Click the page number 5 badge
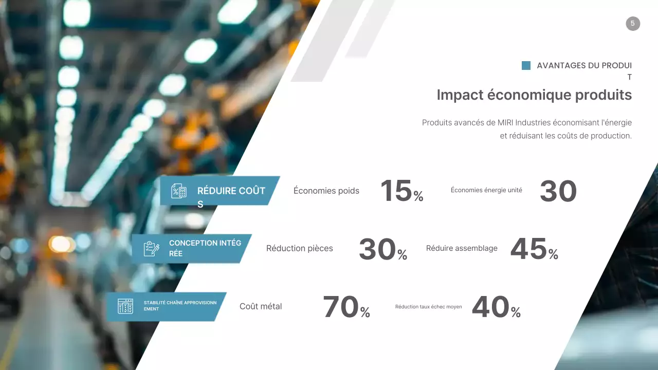pos(633,24)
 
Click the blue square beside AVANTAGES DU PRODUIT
pos(526,66)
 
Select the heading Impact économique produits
pos(534,95)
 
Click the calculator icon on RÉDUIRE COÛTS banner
pos(179,191)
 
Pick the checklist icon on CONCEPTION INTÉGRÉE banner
pos(151,249)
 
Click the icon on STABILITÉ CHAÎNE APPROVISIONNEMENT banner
pos(125,306)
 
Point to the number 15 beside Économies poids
pos(396,191)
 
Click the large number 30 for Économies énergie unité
pos(558,191)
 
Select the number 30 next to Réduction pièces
pos(377,249)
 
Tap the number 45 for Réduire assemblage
pos(528,249)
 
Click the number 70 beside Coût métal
pos(340,307)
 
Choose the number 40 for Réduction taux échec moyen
pos(490,307)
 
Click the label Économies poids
pos(326,191)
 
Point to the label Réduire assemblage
pos(462,249)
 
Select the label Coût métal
pos(261,307)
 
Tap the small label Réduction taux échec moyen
pos(428,307)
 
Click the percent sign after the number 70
pos(365,312)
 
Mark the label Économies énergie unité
pos(486,190)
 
